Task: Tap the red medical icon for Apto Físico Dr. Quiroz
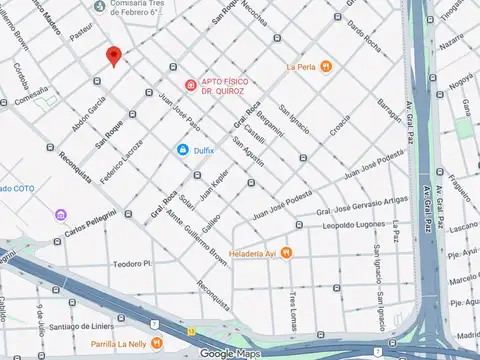pyautogui.click(x=190, y=84)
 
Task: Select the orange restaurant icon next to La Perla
pyautogui.click(x=326, y=66)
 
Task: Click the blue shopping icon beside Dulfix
pyautogui.click(x=183, y=150)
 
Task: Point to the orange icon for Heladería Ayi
pyautogui.click(x=286, y=252)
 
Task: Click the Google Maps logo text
pyautogui.click(x=231, y=353)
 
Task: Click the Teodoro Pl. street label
pyautogui.click(x=131, y=264)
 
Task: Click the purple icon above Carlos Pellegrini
pyautogui.click(x=61, y=214)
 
